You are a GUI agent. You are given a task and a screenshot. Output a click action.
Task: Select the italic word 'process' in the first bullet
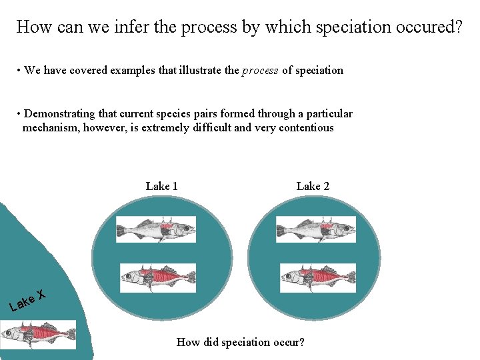(260, 71)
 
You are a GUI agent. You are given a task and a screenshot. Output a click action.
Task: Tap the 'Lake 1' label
(161, 186)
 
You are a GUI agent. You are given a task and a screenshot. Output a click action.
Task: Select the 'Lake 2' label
(313, 186)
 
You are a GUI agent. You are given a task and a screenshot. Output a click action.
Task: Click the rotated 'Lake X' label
(27, 300)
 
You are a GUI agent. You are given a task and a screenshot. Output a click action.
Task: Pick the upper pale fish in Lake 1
(156, 229)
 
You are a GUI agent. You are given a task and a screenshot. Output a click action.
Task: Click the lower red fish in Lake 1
(158, 277)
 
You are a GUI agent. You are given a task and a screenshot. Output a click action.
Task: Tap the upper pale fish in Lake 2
(316, 229)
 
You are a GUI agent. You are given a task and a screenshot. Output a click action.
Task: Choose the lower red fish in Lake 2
(318, 277)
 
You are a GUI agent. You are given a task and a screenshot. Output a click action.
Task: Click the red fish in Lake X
(38, 334)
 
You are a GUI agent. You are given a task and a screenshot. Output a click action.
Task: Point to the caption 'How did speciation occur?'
(240, 343)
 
